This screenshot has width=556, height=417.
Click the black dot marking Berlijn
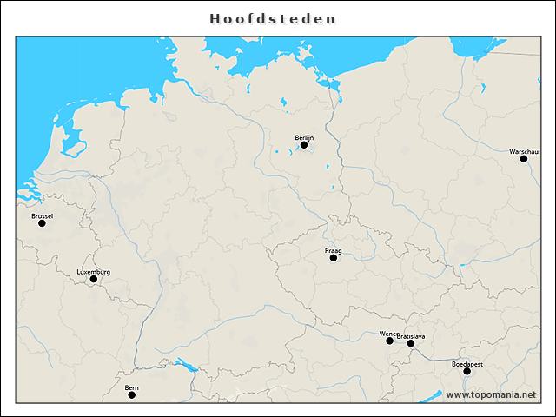point(304,145)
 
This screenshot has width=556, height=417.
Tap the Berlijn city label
point(304,137)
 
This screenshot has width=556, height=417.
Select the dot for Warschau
point(524,159)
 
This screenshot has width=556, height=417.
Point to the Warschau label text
point(524,151)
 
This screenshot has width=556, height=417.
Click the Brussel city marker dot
point(42,223)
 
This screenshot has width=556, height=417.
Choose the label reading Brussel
point(42,215)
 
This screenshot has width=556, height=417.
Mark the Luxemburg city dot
point(94,279)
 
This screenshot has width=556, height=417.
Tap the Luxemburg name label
point(94,271)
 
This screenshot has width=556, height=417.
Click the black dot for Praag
point(334,258)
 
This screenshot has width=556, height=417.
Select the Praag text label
point(334,250)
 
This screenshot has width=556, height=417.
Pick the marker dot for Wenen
point(390,341)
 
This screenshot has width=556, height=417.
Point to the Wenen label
point(388,334)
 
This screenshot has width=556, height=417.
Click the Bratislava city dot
point(411,343)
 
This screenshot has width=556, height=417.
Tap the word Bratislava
point(411,335)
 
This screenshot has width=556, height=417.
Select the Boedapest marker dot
point(467,371)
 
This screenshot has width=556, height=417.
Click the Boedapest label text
point(467,363)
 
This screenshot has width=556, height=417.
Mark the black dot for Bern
point(132,395)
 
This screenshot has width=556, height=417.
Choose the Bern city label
point(132,387)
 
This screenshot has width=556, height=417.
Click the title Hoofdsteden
point(274,18)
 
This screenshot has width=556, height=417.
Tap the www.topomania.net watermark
point(491,394)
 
